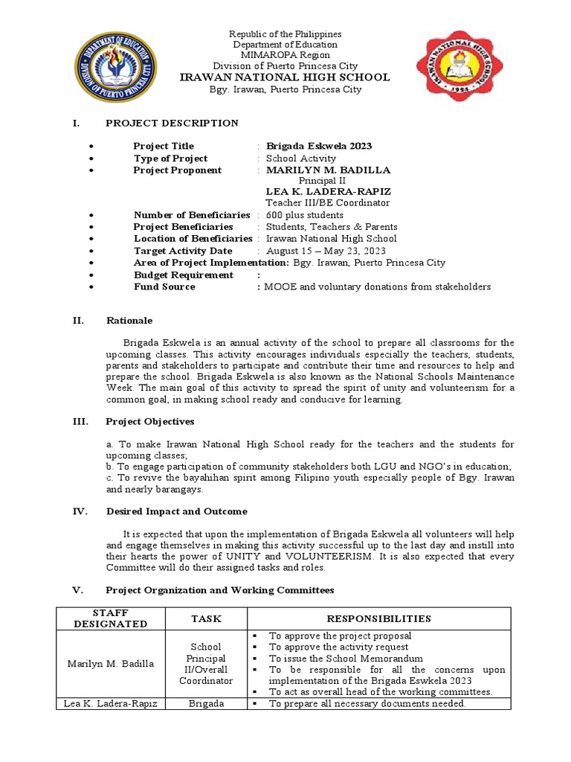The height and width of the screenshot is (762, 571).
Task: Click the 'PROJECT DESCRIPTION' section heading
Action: [172, 124]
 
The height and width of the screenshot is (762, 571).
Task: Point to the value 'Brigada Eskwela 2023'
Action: [319, 147]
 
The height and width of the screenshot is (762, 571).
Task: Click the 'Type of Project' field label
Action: [170, 159]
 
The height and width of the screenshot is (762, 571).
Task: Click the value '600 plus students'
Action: [305, 215]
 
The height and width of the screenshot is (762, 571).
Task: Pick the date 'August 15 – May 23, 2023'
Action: [323, 251]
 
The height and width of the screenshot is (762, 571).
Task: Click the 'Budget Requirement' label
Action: [184, 275]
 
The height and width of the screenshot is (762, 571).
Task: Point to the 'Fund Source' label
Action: [164, 286]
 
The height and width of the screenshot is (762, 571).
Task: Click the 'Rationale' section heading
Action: [129, 321]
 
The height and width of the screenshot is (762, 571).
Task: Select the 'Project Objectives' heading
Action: [150, 422]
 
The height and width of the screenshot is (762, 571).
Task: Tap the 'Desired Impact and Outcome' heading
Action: [176, 512]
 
